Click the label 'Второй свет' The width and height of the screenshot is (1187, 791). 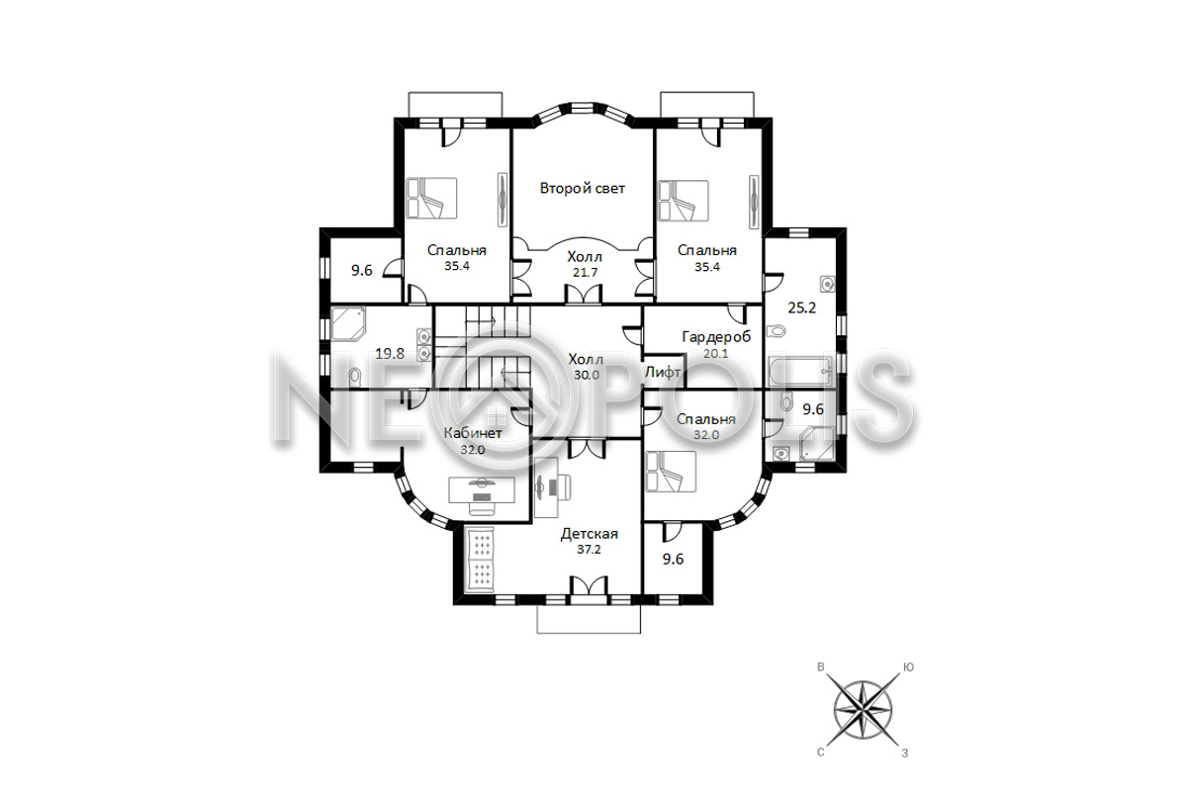pyautogui.click(x=583, y=189)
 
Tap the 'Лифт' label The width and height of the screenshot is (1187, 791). pyautogui.click(x=663, y=373)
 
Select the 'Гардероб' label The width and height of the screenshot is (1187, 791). pyautogui.click(x=716, y=337)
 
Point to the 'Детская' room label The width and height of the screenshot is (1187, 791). pyautogui.click(x=590, y=534)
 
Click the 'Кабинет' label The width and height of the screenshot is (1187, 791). pyautogui.click(x=473, y=433)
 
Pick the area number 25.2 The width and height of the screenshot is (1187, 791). pyautogui.click(x=802, y=308)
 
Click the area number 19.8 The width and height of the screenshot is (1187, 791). pyautogui.click(x=390, y=354)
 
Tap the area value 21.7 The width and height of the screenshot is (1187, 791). pyautogui.click(x=585, y=273)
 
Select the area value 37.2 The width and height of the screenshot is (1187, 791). pyautogui.click(x=589, y=550)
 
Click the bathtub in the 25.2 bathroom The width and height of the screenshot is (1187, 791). pyautogui.click(x=799, y=372)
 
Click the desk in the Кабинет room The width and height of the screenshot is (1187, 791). pyautogui.click(x=482, y=490)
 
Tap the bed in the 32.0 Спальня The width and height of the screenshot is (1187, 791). pyautogui.click(x=671, y=472)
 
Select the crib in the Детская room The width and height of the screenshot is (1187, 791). pyautogui.click(x=480, y=560)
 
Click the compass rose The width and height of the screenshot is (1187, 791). pyautogui.click(x=864, y=711)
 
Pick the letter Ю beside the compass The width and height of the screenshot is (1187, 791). pyautogui.click(x=908, y=667)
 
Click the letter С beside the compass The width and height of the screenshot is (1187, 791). pyautogui.click(x=821, y=752)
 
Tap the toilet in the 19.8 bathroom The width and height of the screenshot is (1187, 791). pyautogui.click(x=354, y=376)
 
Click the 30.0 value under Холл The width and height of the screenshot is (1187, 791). pyautogui.click(x=587, y=375)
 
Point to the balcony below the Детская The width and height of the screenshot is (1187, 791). pyautogui.click(x=589, y=619)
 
